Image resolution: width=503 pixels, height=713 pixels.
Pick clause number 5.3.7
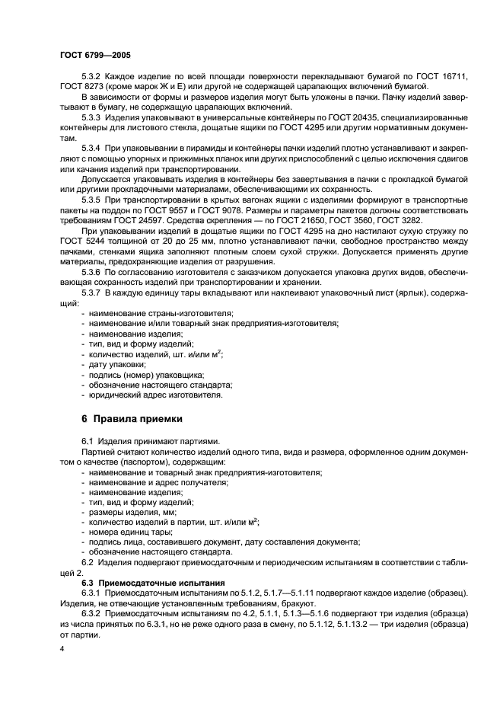(91, 293)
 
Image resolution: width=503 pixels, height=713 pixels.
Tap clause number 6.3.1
(91, 593)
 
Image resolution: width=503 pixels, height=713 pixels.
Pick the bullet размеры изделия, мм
(126, 512)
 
